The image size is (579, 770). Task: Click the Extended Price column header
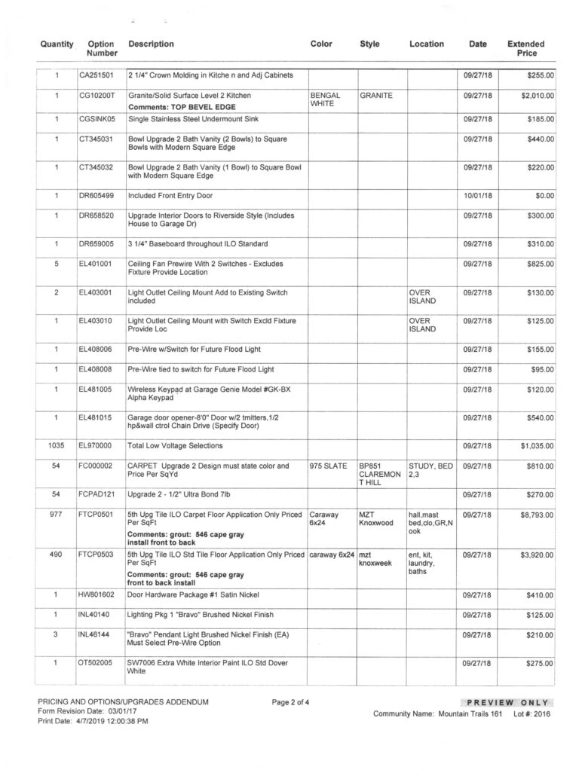point(525,49)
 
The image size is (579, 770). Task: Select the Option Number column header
point(101,49)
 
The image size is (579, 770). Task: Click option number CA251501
point(96,75)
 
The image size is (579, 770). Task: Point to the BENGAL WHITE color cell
point(326,100)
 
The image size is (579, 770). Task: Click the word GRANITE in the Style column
point(375,96)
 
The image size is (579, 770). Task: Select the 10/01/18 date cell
point(477,195)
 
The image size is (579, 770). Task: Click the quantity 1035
point(57,446)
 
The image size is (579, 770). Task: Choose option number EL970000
point(96,446)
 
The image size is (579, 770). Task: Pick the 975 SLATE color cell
point(328,466)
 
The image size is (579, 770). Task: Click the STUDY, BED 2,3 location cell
point(430,471)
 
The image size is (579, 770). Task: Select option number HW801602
point(96,595)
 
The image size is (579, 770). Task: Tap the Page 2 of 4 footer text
point(291,702)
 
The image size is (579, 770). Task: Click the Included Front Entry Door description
point(170,195)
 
